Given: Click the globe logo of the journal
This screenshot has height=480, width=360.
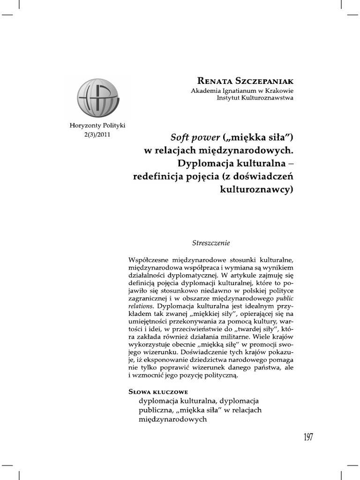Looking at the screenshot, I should [x=97, y=98].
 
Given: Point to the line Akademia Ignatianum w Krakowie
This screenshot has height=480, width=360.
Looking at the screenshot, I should [x=242, y=90].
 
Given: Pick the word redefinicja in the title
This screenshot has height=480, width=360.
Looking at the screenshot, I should [x=160, y=177].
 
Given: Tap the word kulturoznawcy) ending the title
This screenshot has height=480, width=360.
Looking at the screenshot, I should [x=256, y=190].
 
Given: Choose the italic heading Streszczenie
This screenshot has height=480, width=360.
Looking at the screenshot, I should [x=211, y=243].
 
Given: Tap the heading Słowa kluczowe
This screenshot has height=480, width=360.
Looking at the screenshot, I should [x=158, y=391].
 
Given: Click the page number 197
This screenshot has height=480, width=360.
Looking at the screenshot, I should [x=308, y=437].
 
